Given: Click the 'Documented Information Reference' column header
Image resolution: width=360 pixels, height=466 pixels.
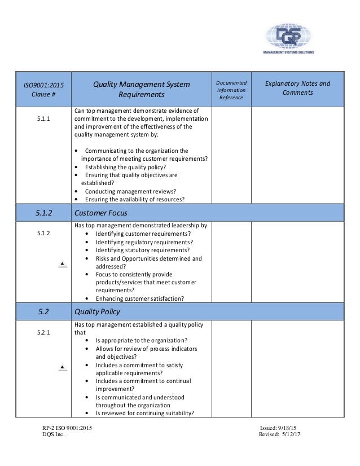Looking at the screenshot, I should (x=230, y=90).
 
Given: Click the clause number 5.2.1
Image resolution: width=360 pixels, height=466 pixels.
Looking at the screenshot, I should (x=39, y=332).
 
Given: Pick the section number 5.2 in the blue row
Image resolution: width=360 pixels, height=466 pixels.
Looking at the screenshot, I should (x=39, y=310).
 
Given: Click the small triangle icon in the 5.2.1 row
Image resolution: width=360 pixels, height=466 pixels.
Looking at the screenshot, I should (x=63, y=368).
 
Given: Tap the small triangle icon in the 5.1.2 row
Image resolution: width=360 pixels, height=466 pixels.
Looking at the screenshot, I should (x=63, y=263).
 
